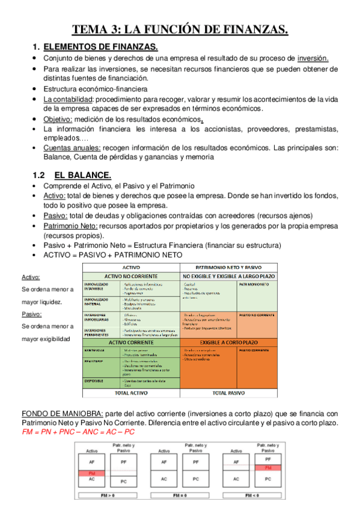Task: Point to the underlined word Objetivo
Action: coord(58,119)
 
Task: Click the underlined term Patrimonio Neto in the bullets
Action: coord(71,226)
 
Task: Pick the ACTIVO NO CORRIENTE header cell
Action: coord(130,275)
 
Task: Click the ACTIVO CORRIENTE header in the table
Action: coord(130,342)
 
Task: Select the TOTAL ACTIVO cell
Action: coord(130,392)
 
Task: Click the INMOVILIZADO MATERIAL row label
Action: coord(96,301)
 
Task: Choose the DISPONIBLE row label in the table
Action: coord(95,381)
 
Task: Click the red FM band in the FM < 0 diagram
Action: coord(267,467)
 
